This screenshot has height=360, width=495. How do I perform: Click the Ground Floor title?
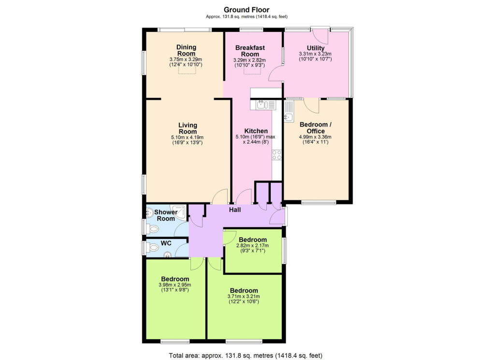pos(247,10)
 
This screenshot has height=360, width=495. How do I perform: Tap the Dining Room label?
pos(186,50)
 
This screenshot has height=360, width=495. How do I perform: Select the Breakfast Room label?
pos(249,51)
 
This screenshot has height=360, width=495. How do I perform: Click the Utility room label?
pos(315,47)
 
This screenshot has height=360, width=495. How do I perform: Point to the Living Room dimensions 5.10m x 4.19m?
pos(188,137)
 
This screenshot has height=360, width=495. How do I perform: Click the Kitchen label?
pos(256,131)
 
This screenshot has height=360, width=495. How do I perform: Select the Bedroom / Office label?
pos(315,128)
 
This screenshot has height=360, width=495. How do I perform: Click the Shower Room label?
pos(166,215)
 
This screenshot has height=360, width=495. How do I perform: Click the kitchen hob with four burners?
pos(277,155)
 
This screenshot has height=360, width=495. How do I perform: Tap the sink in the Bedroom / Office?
pos(288,117)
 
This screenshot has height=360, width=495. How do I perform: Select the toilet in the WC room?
pos(153,248)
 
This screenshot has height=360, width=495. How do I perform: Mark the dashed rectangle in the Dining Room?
pos(188,71)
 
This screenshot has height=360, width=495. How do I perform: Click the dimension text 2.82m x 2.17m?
pos(252,246)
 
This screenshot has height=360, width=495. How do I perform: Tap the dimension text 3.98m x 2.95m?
pos(175,285)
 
